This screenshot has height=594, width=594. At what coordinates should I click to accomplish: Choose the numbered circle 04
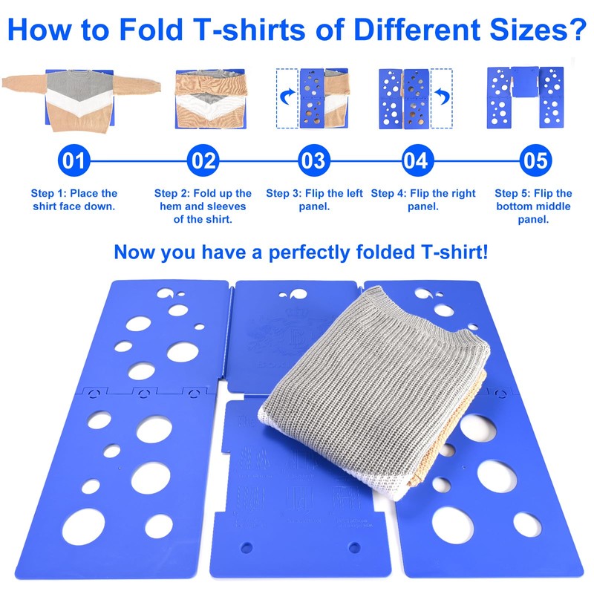[418, 160]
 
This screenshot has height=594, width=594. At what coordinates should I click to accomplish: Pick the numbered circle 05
[534, 160]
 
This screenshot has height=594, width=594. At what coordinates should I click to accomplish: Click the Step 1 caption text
[74, 199]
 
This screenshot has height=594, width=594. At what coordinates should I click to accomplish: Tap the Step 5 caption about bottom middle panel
[533, 206]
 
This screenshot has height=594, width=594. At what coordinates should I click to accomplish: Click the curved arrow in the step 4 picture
[440, 95]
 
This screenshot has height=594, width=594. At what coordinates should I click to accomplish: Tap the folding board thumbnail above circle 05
[524, 97]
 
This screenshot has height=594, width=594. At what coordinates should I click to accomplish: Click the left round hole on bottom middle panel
[246, 549]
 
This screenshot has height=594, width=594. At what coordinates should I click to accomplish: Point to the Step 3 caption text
[314, 199]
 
